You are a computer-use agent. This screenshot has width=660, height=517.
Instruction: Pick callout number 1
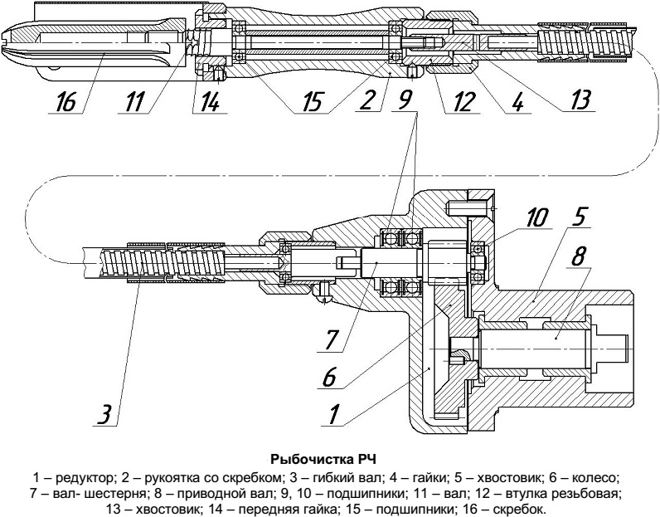(332, 414)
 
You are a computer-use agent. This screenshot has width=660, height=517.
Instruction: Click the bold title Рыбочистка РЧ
(329, 457)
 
